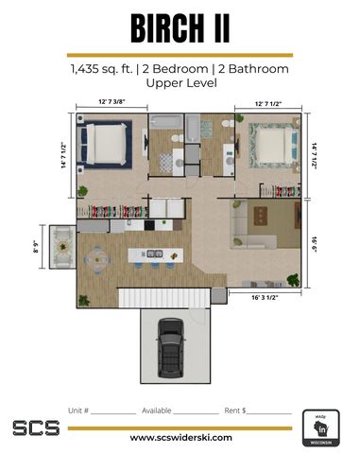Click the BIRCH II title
coord(180,28)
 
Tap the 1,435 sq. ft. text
coord(102,69)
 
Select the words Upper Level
coord(181,83)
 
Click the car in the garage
coord(171,348)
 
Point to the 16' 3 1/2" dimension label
coord(265,297)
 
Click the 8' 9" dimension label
coord(36,247)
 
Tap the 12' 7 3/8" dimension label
coord(111,101)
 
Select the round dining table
coord(97,260)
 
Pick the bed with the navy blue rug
coord(106,144)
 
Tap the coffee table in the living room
coord(261,216)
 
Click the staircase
coord(164,298)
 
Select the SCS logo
coord(36,428)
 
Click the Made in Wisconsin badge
coord(321,428)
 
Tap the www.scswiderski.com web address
coord(181,438)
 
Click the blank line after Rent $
coord(269,413)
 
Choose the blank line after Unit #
coord(113,413)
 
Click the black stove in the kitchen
coord(149,225)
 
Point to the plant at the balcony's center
coord(63,247)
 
